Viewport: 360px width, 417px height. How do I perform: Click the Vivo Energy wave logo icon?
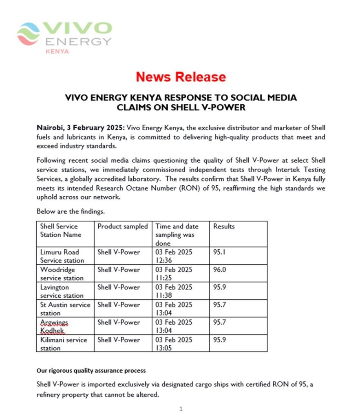[29, 34]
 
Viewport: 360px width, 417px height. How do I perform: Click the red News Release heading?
[180, 77]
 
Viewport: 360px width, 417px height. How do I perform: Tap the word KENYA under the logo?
[57, 52]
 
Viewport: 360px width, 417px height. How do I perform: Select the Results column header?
[224, 226]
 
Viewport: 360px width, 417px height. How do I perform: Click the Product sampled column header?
[122, 226]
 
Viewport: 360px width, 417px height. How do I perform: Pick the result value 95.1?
[219, 252]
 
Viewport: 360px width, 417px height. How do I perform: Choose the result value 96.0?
[220, 270]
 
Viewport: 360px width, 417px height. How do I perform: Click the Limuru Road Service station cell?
[62, 256]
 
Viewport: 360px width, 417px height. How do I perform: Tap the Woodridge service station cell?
[62, 274]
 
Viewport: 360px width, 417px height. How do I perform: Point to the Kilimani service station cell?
[63, 344]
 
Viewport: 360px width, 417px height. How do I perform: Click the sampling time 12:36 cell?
[174, 256]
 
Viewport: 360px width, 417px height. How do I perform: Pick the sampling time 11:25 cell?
[174, 274]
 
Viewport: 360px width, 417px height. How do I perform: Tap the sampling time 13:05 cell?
[174, 344]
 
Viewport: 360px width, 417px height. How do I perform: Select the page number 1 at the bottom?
[181, 408]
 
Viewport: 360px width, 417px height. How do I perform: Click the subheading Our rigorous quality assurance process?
[91, 371]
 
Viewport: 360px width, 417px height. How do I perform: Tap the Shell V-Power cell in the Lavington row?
[118, 287]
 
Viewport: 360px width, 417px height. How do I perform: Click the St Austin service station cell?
[65, 309]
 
